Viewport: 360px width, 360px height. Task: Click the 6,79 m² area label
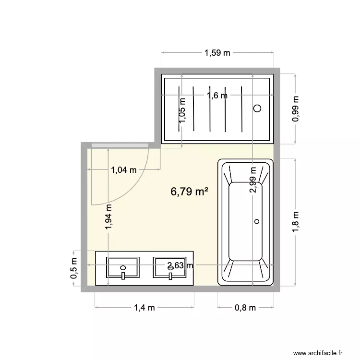[189, 192]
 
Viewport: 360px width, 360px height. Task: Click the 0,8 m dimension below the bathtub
[245, 308]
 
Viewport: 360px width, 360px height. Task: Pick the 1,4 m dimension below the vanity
[144, 308]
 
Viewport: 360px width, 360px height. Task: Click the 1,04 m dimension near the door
[124, 169]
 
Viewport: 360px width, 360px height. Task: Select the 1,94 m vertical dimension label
[109, 218]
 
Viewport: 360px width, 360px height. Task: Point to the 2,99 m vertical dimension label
[252, 179]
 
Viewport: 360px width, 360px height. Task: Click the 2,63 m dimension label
[180, 265]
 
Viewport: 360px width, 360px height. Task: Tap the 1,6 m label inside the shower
[217, 95]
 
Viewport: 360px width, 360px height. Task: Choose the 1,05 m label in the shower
[182, 110]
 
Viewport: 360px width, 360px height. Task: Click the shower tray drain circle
[257, 108]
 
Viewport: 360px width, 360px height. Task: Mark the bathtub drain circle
[257, 221]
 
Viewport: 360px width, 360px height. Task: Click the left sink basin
[123, 266]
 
